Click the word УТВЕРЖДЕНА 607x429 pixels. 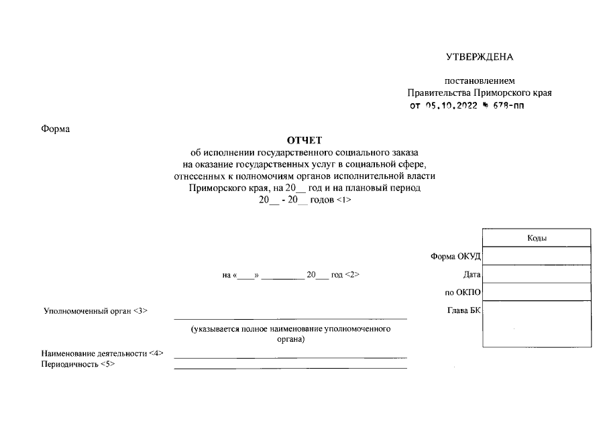pyautogui.click(x=479, y=57)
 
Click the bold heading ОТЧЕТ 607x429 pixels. pyautogui.click(x=305, y=140)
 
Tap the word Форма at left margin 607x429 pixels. pyautogui.click(x=56, y=129)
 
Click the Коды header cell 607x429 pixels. pyautogui.click(x=537, y=238)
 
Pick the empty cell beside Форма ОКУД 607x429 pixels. pyautogui.click(x=537, y=257)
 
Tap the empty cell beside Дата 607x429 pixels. pyautogui.click(x=537, y=275)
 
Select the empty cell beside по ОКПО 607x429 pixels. pyautogui.click(x=537, y=293)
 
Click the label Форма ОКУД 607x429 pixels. pyautogui.click(x=455, y=257)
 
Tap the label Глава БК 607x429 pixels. pyautogui.click(x=463, y=310)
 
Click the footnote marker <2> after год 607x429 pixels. pyautogui.click(x=353, y=275)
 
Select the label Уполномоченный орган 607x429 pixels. pyautogui.click(x=87, y=311)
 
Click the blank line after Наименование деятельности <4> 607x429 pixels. pyautogui.click(x=290, y=357)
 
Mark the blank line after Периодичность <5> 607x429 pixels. pyautogui.click(x=290, y=367)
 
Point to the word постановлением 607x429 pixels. pyautogui.click(x=479, y=81)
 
